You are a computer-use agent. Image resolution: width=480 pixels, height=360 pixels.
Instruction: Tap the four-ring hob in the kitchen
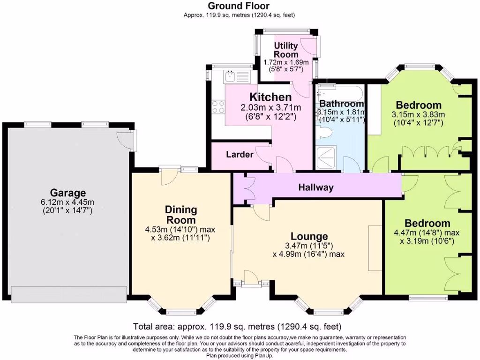click(x=218, y=107)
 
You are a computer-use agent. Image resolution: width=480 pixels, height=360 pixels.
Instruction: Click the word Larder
click(x=240, y=154)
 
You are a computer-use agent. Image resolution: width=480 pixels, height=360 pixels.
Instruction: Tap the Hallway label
click(x=316, y=187)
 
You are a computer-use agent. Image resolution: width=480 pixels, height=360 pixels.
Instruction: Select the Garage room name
click(x=68, y=193)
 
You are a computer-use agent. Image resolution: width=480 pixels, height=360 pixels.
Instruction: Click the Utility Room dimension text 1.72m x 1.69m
click(x=286, y=62)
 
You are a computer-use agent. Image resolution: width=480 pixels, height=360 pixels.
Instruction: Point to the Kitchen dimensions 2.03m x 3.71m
click(x=271, y=108)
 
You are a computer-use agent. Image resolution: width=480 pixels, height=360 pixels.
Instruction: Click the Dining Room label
click(x=180, y=214)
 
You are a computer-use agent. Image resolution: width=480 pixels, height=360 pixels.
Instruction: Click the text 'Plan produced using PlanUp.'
click(x=240, y=356)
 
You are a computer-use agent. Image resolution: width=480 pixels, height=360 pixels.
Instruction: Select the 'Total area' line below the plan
click(x=237, y=326)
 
